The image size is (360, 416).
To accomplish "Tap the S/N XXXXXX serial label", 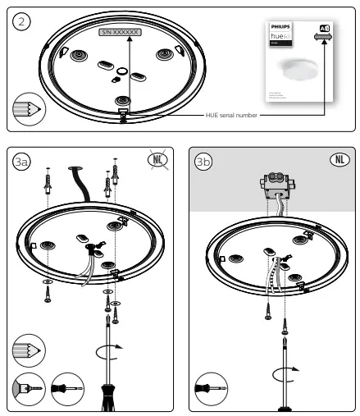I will point(120,32).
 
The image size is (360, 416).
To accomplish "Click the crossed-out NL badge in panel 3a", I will point(157,159).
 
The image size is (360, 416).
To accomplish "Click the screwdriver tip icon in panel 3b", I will point(209,386).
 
